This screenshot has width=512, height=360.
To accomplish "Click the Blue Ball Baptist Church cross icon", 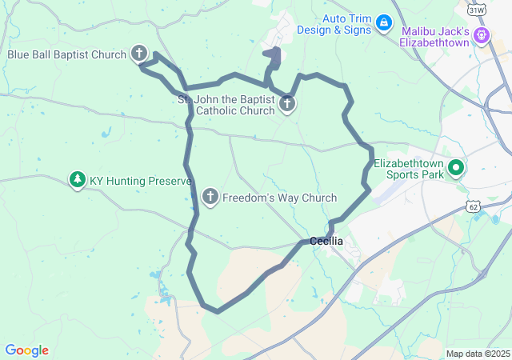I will click(139, 54).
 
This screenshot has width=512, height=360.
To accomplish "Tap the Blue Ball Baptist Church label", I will click(67, 54).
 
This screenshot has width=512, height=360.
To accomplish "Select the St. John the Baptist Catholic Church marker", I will click(286, 103).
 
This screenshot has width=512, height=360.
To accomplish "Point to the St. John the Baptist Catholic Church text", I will click(225, 105).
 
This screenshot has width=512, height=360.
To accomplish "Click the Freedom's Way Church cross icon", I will click(210, 197).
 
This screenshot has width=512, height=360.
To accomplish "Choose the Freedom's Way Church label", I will click(279, 198).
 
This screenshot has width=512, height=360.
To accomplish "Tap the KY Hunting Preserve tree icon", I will click(78, 180).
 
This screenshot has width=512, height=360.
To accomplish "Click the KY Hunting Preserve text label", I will click(140, 181).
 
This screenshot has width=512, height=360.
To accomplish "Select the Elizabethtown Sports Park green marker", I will click(456, 167).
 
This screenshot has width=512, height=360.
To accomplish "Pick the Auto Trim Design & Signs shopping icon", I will click(383, 22).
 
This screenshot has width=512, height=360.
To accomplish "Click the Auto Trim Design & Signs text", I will click(334, 24).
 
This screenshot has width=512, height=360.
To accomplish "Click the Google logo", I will click(26, 350).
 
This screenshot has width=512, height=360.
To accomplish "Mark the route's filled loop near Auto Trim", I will click(274, 56).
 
